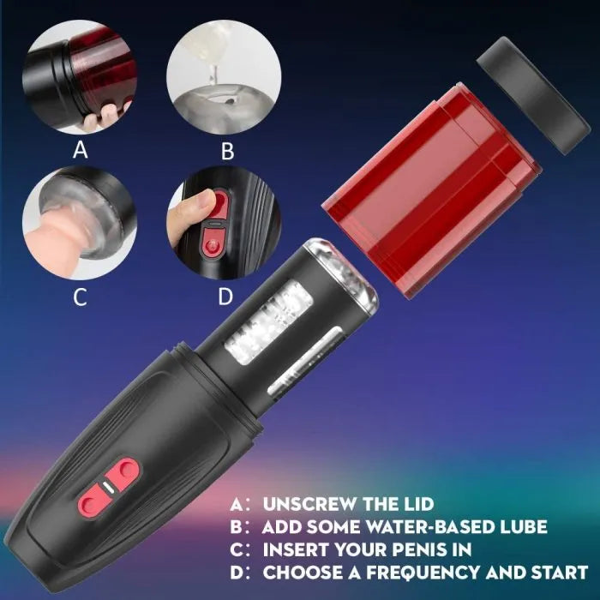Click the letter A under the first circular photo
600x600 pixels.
(81, 151)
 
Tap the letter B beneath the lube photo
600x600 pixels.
(227, 152)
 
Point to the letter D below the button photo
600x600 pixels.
(225, 297)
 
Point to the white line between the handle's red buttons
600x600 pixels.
(111, 484)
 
